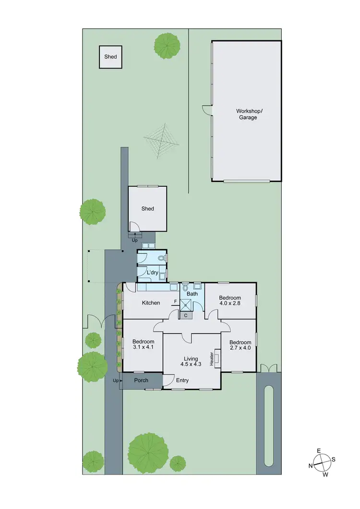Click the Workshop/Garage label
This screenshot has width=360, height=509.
point(246,114)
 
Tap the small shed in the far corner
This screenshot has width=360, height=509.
point(111,57)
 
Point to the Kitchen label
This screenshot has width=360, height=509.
point(151,303)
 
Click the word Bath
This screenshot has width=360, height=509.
point(192,294)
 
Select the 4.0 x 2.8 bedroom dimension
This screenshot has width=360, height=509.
point(230,303)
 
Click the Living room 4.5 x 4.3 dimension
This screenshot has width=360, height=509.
point(191,364)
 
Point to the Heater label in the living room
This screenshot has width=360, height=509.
point(211,357)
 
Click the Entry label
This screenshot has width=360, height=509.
point(182,380)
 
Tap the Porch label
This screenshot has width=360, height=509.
point(141,380)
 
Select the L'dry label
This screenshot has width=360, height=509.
point(152,273)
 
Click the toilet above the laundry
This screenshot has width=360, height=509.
point(161,258)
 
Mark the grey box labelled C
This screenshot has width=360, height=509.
point(185,315)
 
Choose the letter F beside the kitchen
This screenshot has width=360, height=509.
point(176,302)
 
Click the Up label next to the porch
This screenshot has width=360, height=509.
point(115,380)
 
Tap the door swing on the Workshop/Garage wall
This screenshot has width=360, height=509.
point(207,110)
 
